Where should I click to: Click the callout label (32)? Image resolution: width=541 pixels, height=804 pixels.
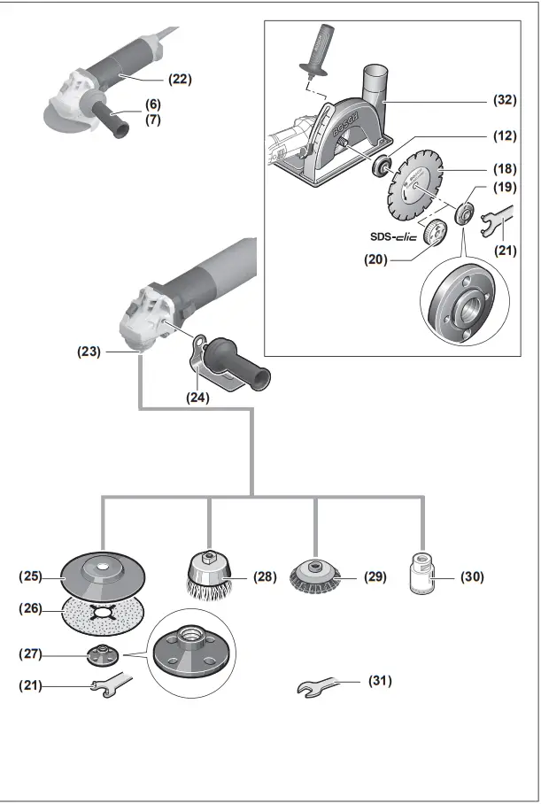point(505,101)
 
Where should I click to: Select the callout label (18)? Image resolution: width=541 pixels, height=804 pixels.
point(505,167)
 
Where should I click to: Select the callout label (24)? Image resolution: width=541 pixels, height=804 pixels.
point(197,398)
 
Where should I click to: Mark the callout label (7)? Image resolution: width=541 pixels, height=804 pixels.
point(154,118)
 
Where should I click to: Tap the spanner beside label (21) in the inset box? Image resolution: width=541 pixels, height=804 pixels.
point(498,221)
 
